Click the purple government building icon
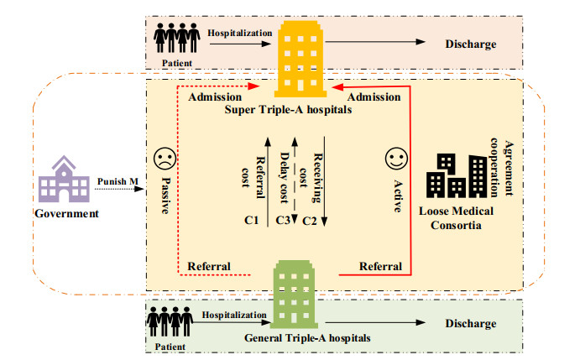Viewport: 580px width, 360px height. (x=64, y=179)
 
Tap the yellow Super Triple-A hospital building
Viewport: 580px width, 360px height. (x=300, y=59)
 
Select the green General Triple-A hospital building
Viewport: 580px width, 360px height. (x=294, y=295)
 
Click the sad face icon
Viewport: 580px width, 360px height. (x=165, y=159)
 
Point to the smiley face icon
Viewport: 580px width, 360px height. (x=396, y=159)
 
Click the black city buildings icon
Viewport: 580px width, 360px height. (x=457, y=175)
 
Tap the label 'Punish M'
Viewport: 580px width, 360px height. (x=118, y=181)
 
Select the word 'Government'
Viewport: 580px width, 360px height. (x=66, y=213)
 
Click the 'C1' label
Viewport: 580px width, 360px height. (x=251, y=220)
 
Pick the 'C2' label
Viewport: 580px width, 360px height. (x=310, y=221)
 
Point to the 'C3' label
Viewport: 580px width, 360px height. (x=283, y=220)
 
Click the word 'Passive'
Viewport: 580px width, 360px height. (x=165, y=196)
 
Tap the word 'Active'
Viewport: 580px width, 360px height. (x=398, y=196)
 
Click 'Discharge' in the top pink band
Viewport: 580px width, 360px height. (x=471, y=44)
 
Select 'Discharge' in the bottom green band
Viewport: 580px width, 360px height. (x=471, y=323)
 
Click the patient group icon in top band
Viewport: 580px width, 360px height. (x=177, y=38)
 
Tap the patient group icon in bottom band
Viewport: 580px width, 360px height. (x=170, y=321)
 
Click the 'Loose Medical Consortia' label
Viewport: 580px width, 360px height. (x=456, y=218)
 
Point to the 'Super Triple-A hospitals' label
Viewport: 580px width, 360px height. (x=288, y=110)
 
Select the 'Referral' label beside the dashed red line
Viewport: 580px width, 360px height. (x=209, y=266)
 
